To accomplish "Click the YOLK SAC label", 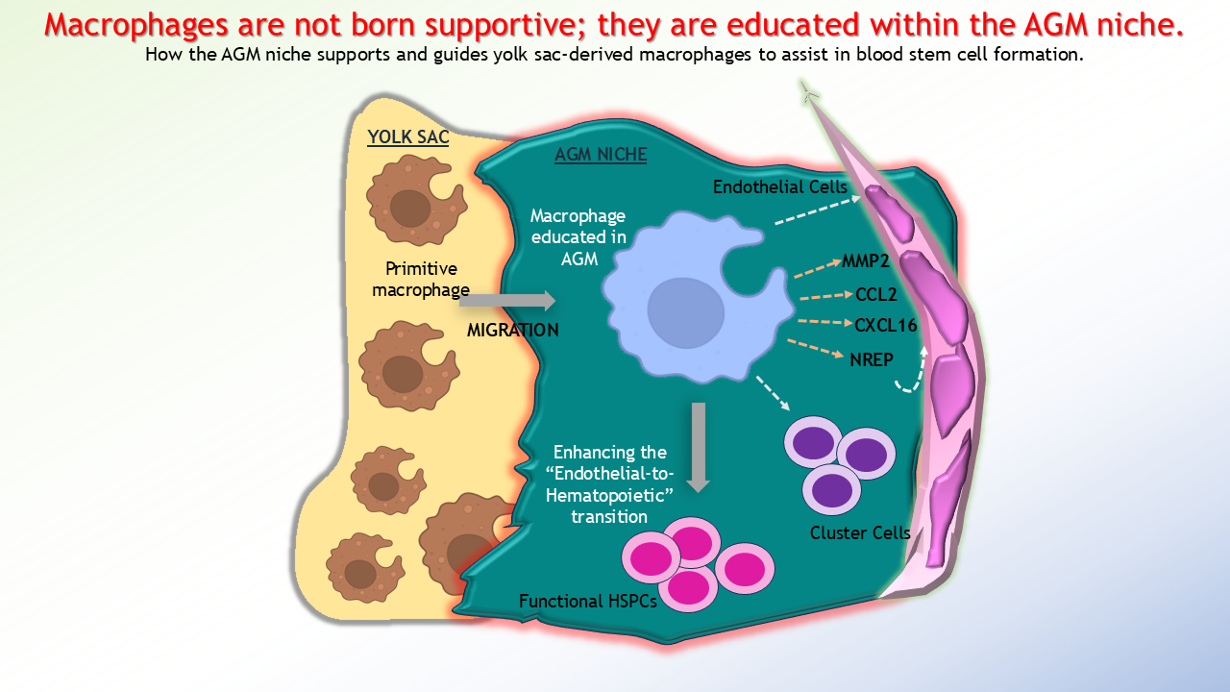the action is pos(408,136).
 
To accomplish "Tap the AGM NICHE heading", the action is pos(601,155).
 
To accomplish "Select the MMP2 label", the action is pos(866,260).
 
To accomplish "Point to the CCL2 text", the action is pos(875,294).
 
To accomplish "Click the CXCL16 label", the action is pos(886,325).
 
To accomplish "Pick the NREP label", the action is pos(872,359).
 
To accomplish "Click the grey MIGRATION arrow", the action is pos(507,301).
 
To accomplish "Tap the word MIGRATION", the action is pos(513,330).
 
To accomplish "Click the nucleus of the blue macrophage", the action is pos(686,312).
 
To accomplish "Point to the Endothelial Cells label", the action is pos(779,187).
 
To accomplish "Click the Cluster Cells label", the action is pos(860,532).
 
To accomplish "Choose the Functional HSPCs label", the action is pos(588,602).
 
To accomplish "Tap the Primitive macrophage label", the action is pos(421,279).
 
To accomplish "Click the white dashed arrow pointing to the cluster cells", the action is pos(774,393).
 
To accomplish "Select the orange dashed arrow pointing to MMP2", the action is pos(818,268).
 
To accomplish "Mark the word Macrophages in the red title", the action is pos(135,25).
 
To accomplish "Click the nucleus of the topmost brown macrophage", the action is pos(410,209).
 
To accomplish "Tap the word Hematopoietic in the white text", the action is pos(609,495).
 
